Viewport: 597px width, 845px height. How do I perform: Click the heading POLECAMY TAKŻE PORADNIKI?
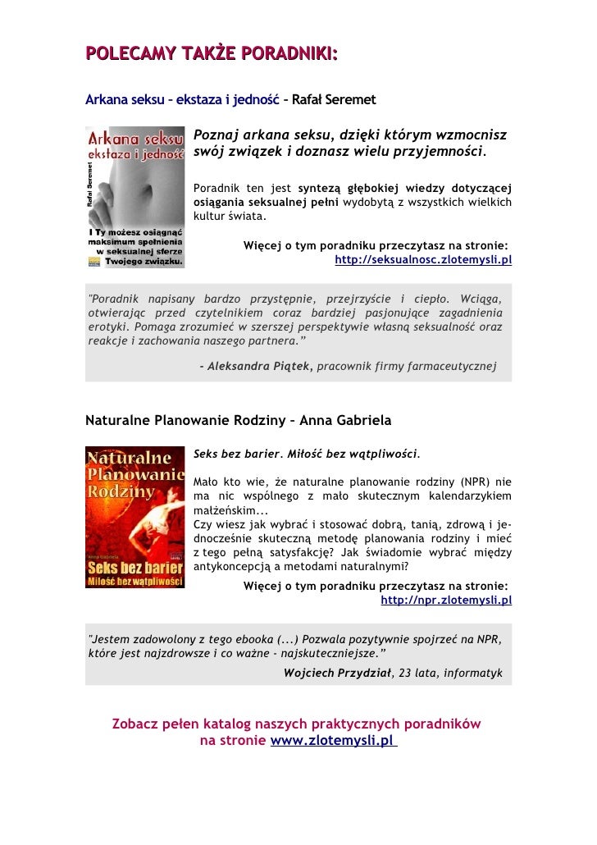(212, 54)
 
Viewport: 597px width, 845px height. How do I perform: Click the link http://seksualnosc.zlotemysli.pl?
(423, 261)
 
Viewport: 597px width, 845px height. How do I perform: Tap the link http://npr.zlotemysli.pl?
(446, 600)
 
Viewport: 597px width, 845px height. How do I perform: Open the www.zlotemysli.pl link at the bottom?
(332, 741)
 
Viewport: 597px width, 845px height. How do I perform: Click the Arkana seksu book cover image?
(135, 197)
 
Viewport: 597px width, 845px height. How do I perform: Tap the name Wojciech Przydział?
(337, 674)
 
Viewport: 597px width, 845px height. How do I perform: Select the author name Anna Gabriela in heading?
(346, 421)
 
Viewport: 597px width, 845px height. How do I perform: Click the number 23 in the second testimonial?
(403, 674)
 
